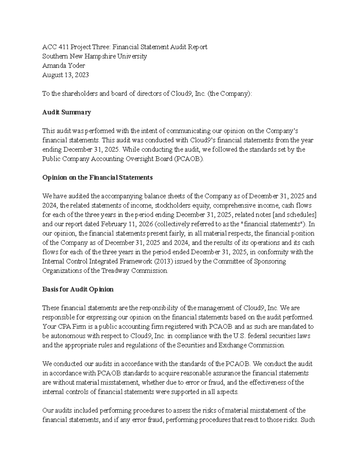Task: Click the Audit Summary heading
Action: coord(66,112)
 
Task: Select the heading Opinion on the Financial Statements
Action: coord(97,177)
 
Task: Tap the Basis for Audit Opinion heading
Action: coord(78,289)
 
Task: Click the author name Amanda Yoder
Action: coord(64,65)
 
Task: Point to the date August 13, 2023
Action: coord(65,75)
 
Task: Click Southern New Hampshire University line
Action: coord(94,56)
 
